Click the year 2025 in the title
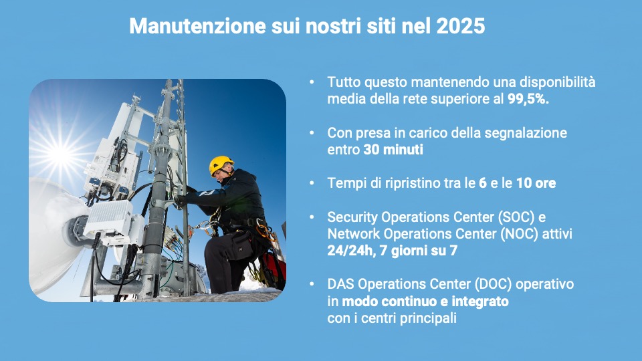point(461,26)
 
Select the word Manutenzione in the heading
point(198,26)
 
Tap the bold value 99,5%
point(528,99)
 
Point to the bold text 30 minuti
point(393,149)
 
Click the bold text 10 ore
point(536,183)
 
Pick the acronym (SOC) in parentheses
point(516,217)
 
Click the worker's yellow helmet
point(221,164)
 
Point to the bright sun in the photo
point(60,154)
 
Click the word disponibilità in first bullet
point(557,82)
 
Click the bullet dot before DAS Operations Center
point(312,284)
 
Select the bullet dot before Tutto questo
point(312,82)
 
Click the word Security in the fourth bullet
point(352,217)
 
